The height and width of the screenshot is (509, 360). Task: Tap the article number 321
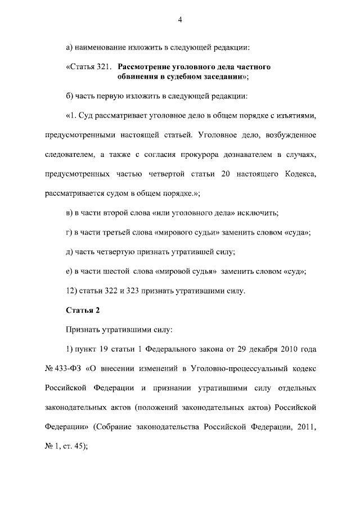tap(98, 67)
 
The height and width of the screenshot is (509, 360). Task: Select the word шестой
tap(116, 272)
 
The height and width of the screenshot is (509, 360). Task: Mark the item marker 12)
tap(72, 291)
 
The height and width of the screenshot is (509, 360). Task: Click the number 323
tap(127, 291)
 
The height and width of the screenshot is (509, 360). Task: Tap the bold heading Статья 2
tap(82, 310)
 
